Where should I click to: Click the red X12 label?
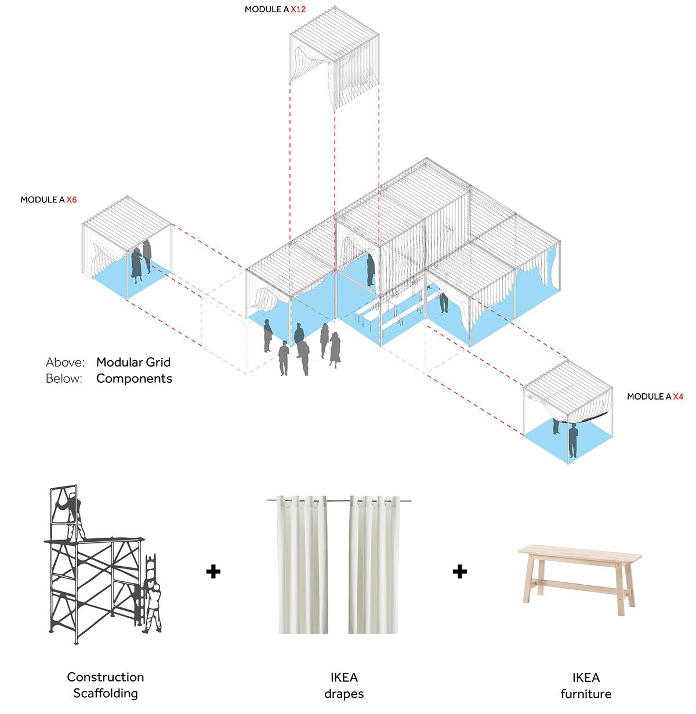pyautogui.click(x=299, y=10)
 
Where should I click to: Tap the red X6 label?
pyautogui.click(x=71, y=200)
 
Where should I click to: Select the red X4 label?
pyautogui.click(x=678, y=397)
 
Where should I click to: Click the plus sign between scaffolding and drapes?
pyautogui.click(x=213, y=572)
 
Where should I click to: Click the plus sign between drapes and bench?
pyautogui.click(x=460, y=572)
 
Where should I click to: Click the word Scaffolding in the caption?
pyautogui.click(x=106, y=693)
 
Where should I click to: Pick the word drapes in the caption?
pyautogui.click(x=344, y=694)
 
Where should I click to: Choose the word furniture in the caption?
pyautogui.click(x=586, y=694)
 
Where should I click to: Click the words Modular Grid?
pyautogui.click(x=133, y=363)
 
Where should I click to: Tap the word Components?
pyautogui.click(x=134, y=379)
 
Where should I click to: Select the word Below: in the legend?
pyautogui.click(x=65, y=379)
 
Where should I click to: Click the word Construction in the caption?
pyautogui.click(x=106, y=677)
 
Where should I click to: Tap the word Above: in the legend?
pyautogui.click(x=66, y=363)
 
